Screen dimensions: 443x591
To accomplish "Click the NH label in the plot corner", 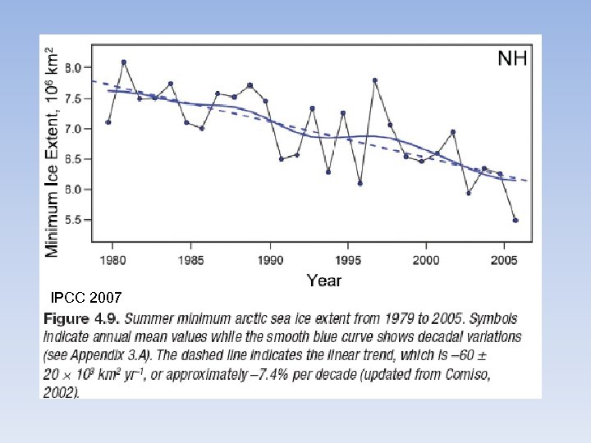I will click(512, 58).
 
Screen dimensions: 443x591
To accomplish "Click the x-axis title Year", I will click(323, 281).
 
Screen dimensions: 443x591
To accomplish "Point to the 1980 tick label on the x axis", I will click(113, 260).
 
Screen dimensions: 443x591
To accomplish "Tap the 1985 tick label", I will click(191, 260).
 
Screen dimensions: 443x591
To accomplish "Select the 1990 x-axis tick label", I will click(270, 260).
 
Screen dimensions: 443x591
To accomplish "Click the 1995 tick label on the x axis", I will click(348, 260).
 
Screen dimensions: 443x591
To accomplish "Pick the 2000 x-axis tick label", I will click(425, 260).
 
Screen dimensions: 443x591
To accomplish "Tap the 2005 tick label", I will click(503, 260).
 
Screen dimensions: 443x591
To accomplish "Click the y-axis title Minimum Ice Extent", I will click(53, 152).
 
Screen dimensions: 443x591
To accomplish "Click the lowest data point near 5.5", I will click(515, 220).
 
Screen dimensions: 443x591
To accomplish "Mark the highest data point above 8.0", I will click(124, 62).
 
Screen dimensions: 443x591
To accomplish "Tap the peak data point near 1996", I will click(375, 80).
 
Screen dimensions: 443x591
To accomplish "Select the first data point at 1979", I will click(108, 122).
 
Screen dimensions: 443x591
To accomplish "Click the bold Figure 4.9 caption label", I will click(78, 317).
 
